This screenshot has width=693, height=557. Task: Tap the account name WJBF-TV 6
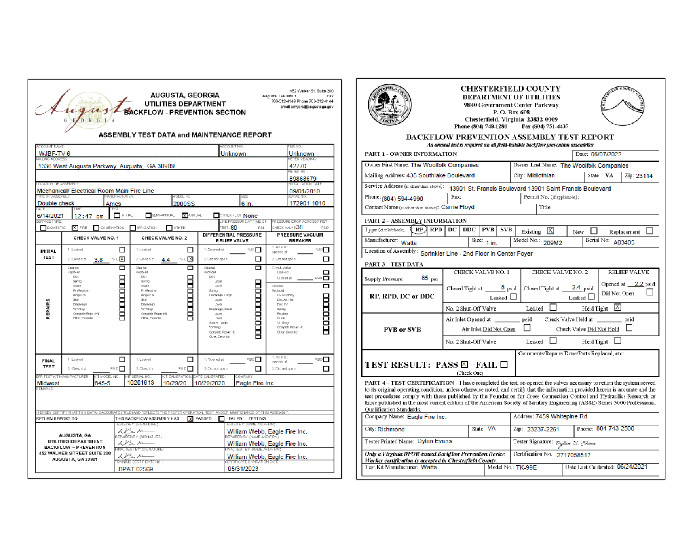pyautogui.click(x=54, y=153)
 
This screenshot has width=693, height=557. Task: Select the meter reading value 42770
pyautogui.click(x=298, y=166)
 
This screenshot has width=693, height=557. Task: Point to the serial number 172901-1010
pyautogui.click(x=307, y=203)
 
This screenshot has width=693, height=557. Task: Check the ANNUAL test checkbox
pyautogui.click(x=185, y=216)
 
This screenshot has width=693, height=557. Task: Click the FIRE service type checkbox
pyautogui.click(x=75, y=228)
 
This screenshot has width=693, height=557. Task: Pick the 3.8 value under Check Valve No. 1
pyautogui.click(x=98, y=260)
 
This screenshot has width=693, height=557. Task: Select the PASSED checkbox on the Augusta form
pyautogui.click(x=190, y=419)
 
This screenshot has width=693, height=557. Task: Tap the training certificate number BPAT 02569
pyautogui.click(x=136, y=469)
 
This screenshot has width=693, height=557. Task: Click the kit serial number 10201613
pyautogui.click(x=140, y=383)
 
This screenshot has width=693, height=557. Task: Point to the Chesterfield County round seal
pyautogui.click(x=389, y=105)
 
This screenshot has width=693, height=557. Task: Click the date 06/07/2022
pyautogui.click(x=606, y=155)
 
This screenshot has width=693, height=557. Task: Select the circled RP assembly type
pyautogui.click(x=419, y=230)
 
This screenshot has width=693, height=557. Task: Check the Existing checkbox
pyautogui.click(x=551, y=231)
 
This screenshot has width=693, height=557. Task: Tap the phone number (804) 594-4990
pyautogui.click(x=402, y=199)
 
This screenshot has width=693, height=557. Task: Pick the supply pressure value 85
pyautogui.click(x=425, y=278)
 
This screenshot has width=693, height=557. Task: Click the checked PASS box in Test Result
pyautogui.click(x=464, y=364)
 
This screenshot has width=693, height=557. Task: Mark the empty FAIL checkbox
pyautogui.click(x=504, y=364)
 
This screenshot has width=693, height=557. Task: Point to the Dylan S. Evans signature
pyautogui.click(x=575, y=443)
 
